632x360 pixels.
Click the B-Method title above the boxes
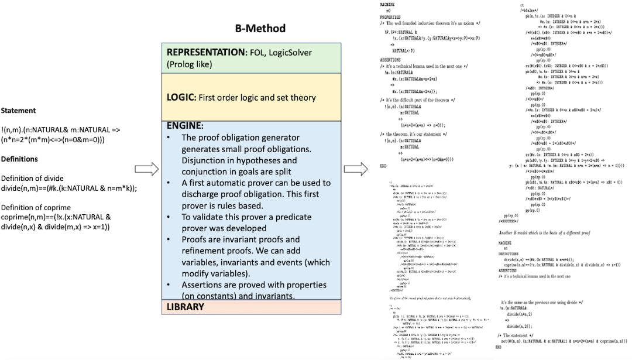tap(257, 28)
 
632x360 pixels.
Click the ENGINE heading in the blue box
tap(185, 125)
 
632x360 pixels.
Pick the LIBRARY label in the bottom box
tap(185, 307)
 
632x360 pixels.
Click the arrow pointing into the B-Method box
tap(147, 170)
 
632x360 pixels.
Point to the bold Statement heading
tap(18, 111)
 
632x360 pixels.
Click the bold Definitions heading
tap(19, 159)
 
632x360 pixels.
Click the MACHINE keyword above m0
tap(386, 5)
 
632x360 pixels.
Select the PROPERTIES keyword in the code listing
tap(390, 17)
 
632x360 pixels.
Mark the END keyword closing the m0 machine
tap(383, 166)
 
